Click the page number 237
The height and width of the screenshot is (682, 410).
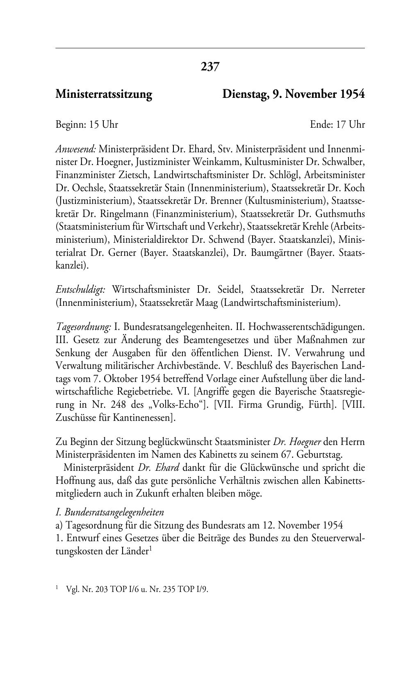coord(210,66)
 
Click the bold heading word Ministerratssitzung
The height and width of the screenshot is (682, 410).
coord(104,95)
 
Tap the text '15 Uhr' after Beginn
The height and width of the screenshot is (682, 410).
coord(104,124)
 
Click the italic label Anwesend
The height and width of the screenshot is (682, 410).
coord(76,149)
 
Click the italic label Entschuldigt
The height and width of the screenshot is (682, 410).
coord(81,290)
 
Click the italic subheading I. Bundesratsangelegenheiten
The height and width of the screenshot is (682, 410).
coord(109,512)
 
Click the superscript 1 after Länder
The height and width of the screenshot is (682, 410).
coord(150,549)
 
